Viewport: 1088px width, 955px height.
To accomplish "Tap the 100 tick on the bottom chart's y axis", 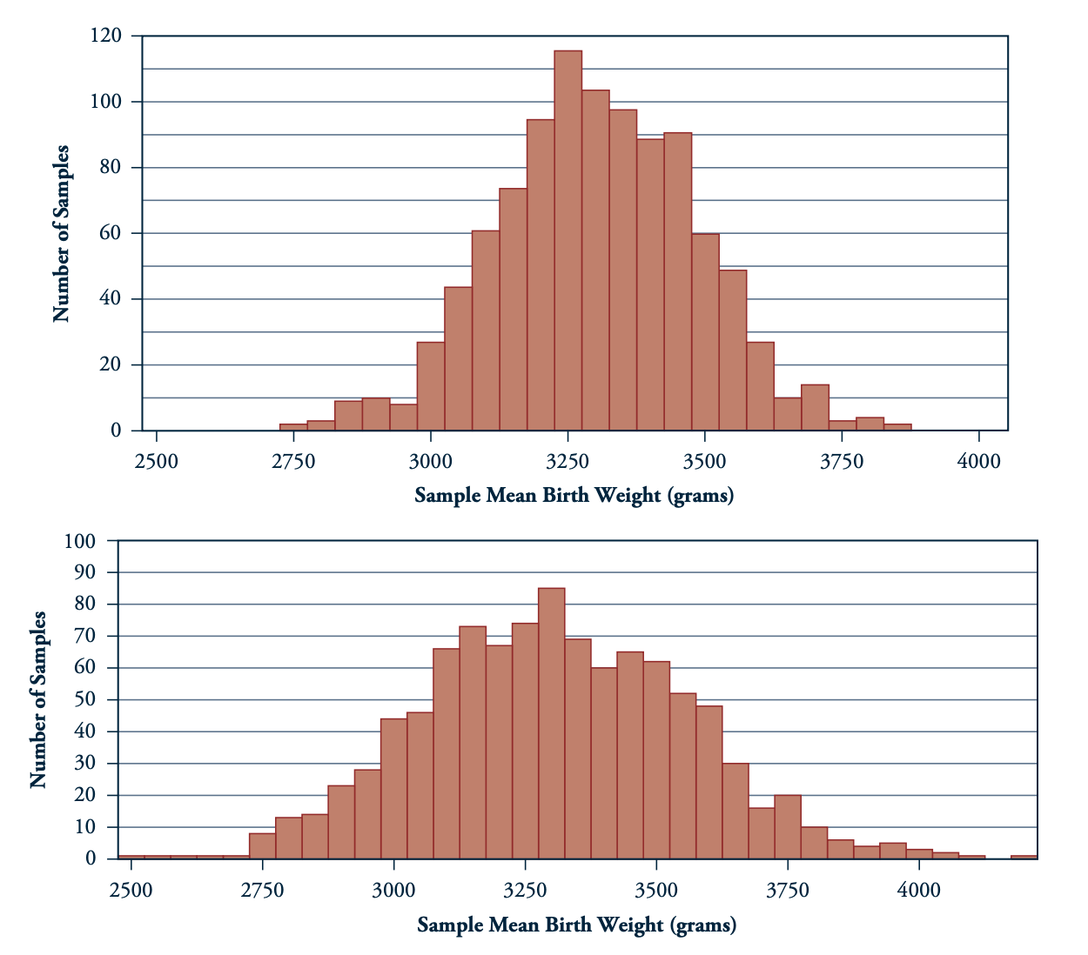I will tap(80, 541).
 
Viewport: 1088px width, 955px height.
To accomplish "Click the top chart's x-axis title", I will tap(574, 496).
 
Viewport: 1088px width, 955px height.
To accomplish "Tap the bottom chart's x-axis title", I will tap(576, 925).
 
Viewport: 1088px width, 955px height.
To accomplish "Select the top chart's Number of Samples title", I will tap(61, 233).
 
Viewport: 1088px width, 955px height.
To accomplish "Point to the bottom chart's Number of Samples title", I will tap(37, 700).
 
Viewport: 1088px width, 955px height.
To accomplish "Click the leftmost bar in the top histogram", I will tap(293, 427).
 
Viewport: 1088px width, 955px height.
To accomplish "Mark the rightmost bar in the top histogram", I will tap(897, 427).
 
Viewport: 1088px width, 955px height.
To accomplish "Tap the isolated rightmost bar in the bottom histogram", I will tap(1024, 857).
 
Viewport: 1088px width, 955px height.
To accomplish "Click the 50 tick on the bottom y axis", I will tap(85, 699).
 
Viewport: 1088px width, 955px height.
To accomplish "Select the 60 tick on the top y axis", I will tap(110, 233).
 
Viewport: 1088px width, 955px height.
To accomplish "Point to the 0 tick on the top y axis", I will tap(115, 431).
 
